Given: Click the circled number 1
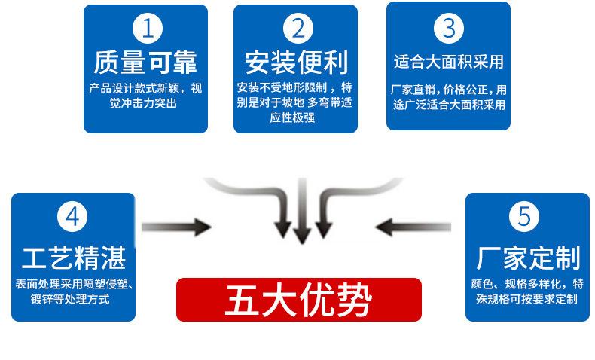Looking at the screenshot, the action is click(146, 29).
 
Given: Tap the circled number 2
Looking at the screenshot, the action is click(296, 29).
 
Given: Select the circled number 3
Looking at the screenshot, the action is click(448, 28).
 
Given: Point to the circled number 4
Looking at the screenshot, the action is click(72, 217).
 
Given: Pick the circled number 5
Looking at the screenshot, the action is click(524, 217).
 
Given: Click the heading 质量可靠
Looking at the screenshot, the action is click(146, 62).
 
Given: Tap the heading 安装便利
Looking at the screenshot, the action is click(296, 62).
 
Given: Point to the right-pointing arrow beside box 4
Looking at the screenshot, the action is click(175, 224).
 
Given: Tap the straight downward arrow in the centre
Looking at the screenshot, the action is click(301, 215).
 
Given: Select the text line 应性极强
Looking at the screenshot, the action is click(296, 117).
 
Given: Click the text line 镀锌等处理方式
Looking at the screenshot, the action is click(62, 300).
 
